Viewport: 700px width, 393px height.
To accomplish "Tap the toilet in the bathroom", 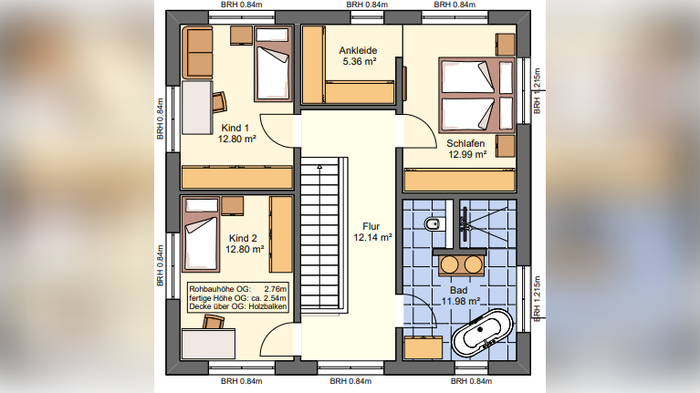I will click(434, 223).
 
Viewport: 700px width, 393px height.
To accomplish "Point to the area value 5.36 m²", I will click(358, 63).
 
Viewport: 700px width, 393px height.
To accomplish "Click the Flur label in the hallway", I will click(371, 226).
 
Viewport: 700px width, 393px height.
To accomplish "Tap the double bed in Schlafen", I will click(469, 96).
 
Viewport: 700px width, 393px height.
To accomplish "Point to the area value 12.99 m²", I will click(465, 155).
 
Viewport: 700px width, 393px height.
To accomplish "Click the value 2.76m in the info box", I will click(275, 288).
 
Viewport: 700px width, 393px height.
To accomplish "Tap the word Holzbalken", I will click(269, 307).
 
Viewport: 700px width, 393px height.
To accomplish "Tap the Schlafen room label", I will click(465, 144).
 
